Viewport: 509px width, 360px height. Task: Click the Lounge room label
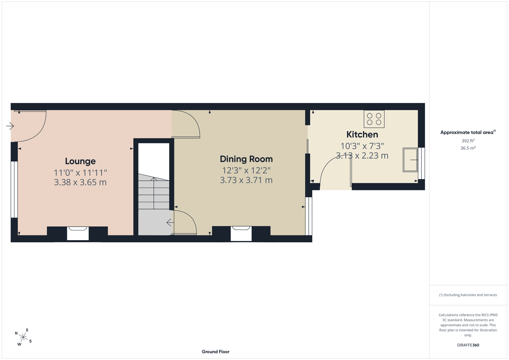(80, 161)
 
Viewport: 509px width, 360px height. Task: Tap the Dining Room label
(246, 159)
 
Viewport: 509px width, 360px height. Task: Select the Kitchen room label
(362, 135)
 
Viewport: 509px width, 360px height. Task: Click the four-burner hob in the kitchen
(374, 119)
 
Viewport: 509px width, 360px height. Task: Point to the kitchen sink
(410, 160)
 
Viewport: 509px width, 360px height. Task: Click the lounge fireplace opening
(78, 233)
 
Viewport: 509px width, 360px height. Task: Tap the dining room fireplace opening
(241, 234)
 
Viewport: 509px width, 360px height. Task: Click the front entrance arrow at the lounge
(10, 126)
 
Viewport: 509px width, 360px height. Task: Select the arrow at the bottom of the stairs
(170, 222)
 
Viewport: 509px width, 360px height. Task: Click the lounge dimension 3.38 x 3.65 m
(80, 183)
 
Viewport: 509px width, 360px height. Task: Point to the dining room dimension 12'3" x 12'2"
(246, 170)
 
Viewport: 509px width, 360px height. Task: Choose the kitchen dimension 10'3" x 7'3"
(362, 146)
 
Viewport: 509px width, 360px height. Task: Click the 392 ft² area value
(468, 141)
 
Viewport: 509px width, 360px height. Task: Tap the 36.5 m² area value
(468, 148)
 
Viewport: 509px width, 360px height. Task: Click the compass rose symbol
(23, 337)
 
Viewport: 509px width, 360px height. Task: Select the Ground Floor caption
(215, 352)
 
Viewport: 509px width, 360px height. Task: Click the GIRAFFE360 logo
(468, 345)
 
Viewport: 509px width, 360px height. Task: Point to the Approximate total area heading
(468, 132)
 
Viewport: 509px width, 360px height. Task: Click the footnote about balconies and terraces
(468, 295)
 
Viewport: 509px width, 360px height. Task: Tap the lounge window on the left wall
(14, 189)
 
